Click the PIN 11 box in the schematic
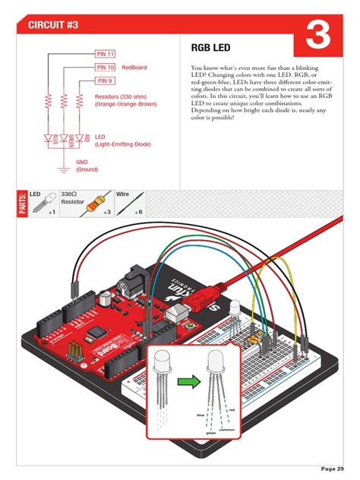(105, 55)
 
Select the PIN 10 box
(105, 68)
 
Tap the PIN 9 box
(104, 81)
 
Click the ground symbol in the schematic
(63, 161)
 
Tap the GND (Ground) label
(87, 166)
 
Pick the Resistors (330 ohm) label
(125, 100)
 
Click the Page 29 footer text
(331, 467)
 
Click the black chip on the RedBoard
(96, 333)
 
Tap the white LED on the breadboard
(234, 307)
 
